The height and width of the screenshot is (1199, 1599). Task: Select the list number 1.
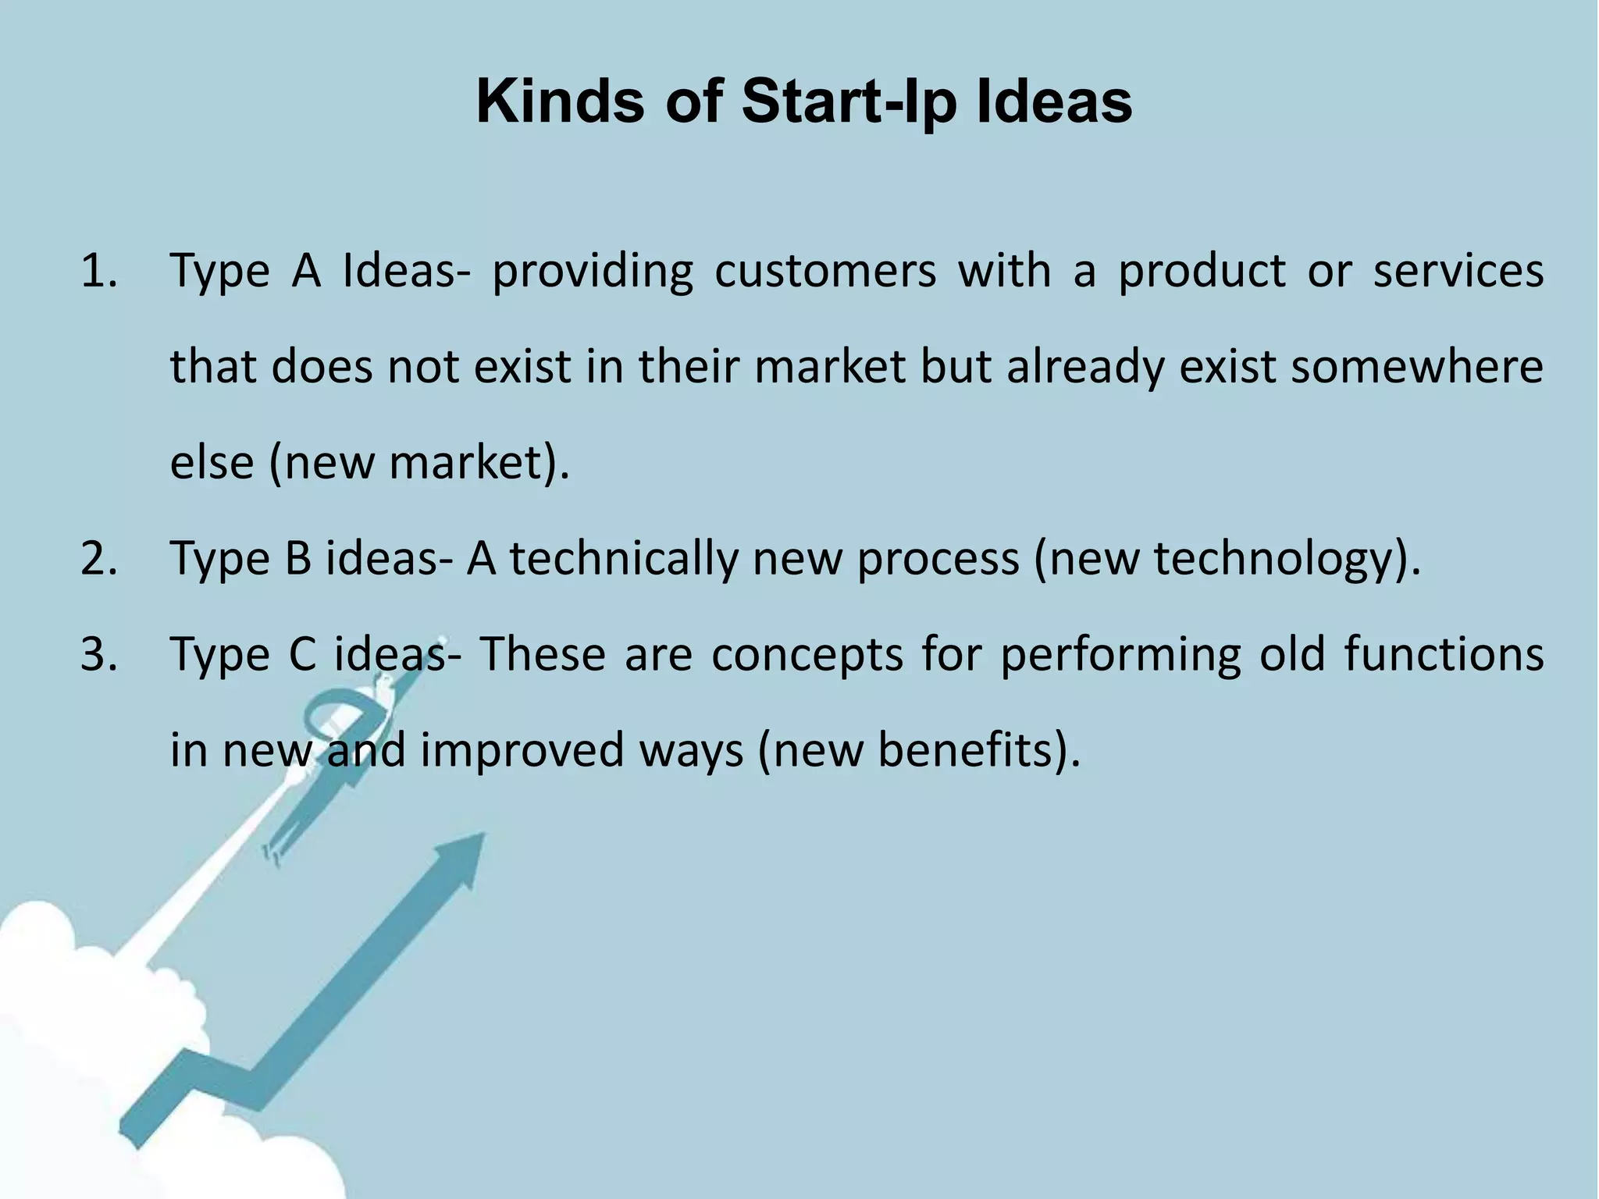click(98, 272)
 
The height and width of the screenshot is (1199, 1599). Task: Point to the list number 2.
click(98, 559)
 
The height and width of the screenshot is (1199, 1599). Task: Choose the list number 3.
click(98, 654)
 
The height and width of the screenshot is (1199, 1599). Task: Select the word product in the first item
click(1202, 272)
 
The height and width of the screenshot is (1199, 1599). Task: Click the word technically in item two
click(623, 559)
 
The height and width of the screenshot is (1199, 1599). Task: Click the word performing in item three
click(1120, 656)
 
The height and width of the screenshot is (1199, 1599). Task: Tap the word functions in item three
click(1444, 654)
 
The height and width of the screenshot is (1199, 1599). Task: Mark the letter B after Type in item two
click(297, 559)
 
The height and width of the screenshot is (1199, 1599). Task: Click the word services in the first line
click(1458, 272)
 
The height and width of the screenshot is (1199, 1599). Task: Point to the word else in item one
click(212, 463)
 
